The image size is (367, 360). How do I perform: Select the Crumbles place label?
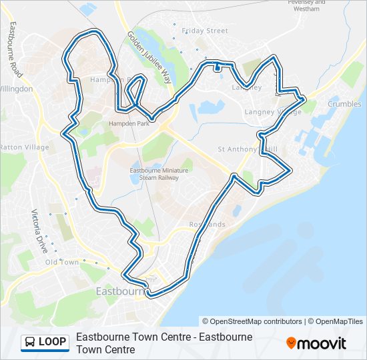tap(344, 104)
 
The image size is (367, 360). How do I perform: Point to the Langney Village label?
tap(273, 112)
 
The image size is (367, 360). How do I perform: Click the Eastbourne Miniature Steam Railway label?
tap(158, 175)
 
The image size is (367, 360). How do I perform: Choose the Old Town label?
tap(62, 262)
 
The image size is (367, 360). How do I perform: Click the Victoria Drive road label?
tap(40, 231)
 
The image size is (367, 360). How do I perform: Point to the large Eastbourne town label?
tap(120, 291)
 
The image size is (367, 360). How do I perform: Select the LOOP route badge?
tap(45, 342)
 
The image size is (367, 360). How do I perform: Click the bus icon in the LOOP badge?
tap(30, 342)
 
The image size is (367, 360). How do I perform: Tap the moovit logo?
tap(316, 343)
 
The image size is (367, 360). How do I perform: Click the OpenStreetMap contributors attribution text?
tap(253, 321)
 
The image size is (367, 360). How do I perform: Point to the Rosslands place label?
tap(207, 225)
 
